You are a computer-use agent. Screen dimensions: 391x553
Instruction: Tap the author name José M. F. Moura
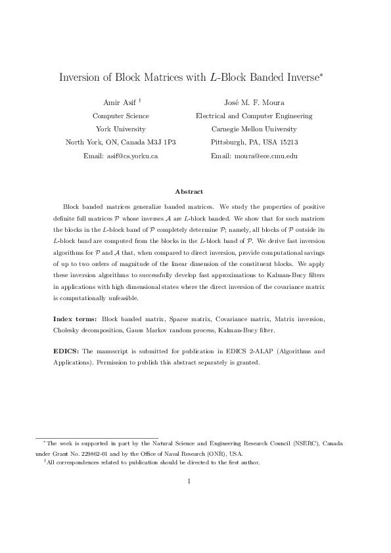(x=254, y=102)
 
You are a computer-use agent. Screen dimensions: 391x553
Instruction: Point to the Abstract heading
(x=189, y=191)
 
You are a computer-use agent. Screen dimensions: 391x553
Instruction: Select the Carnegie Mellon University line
(x=254, y=129)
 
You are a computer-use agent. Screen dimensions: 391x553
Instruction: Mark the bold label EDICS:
(x=66, y=351)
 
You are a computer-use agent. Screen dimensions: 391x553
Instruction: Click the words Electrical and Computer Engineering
(x=254, y=116)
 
